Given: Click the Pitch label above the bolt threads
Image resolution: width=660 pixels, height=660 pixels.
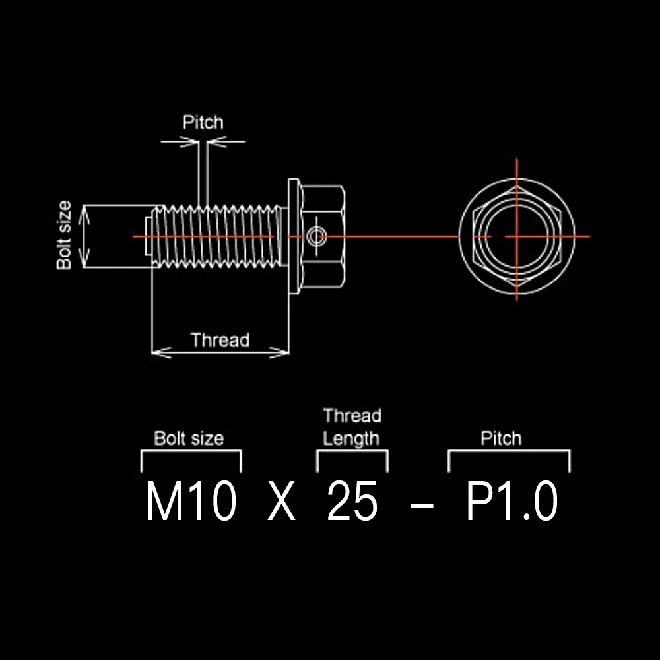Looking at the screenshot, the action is coord(203,123).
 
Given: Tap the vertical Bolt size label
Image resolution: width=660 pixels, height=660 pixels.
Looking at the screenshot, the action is coord(64,236).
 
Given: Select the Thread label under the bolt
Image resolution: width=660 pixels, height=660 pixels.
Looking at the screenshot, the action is coord(220,340).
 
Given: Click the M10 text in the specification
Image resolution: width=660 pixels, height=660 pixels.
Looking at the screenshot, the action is coord(191,501).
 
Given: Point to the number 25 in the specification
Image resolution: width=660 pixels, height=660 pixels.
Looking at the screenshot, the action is coord(352,501).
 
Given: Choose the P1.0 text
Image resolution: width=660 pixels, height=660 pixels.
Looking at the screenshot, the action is coord(512,501).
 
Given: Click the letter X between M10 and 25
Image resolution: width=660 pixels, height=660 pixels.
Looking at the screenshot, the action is coord(281,502).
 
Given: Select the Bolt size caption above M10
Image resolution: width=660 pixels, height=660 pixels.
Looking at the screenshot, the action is coord(189,438).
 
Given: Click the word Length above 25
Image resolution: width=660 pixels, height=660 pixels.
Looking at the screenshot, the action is coord(352,439).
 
